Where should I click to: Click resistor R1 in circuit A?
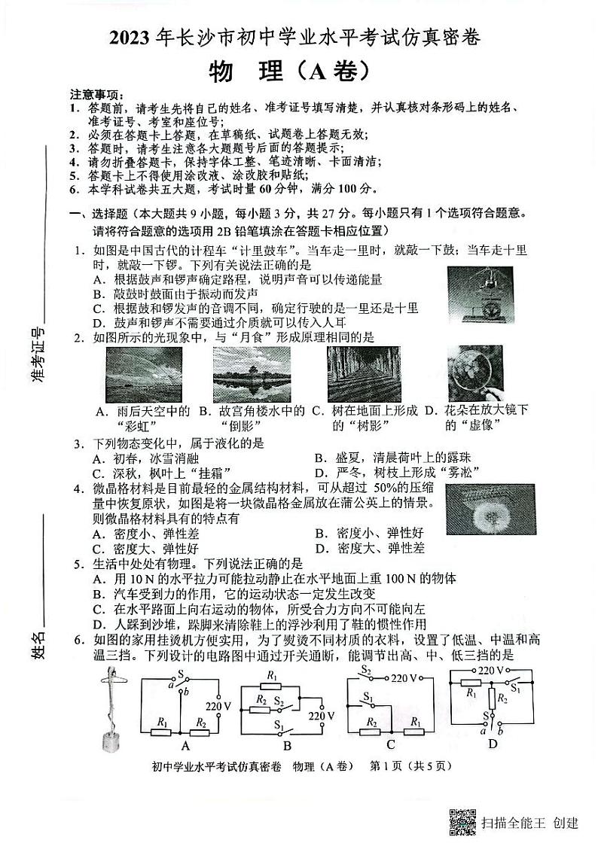162,726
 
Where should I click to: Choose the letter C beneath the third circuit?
390,746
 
